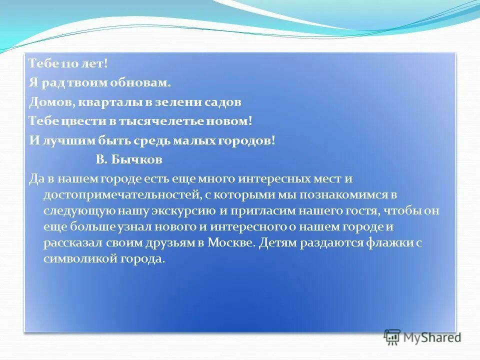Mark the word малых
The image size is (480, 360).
point(193,140)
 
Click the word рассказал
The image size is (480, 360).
point(73,242)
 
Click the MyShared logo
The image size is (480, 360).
point(423,336)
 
